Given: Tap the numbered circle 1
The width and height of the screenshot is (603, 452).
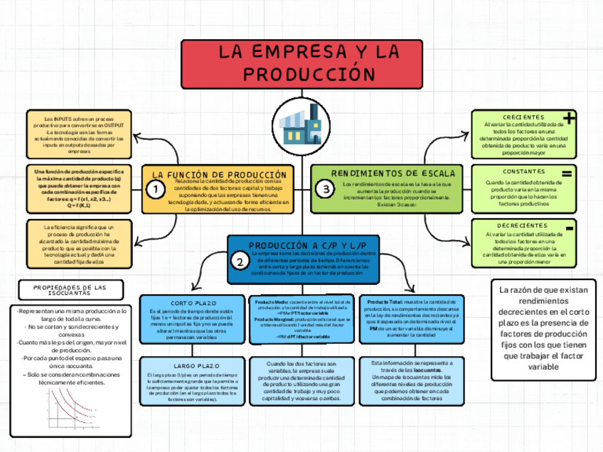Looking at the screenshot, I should pos(153,190).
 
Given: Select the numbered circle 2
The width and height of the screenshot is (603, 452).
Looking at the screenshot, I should pos(240,262).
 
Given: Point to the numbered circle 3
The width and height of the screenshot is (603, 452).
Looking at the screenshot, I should pos(326,190).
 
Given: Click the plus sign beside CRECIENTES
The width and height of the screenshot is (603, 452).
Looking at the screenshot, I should pos(569,117).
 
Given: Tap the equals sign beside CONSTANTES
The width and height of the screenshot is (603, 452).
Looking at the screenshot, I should pos(567,173).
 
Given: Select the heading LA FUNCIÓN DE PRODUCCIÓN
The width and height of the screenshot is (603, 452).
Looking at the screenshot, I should pos(220,174).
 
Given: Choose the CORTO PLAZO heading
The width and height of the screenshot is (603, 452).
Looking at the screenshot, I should pos(194,302).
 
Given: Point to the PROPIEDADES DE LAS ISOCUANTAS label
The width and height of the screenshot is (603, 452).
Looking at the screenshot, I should pos(70,289).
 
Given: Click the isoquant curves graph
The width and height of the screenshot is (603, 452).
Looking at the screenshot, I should pos(71,415).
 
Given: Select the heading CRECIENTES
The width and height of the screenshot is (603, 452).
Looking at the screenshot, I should pos(524,117).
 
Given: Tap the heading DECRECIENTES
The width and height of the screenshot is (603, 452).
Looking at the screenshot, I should pos(523,226).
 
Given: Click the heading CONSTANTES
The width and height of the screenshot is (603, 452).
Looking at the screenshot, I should pos(524,172).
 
